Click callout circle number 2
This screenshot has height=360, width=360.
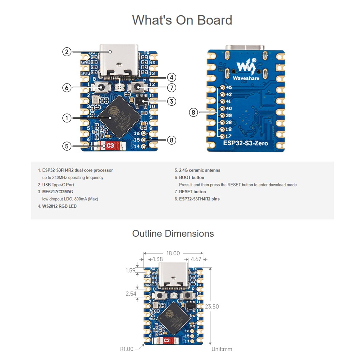point(67,52)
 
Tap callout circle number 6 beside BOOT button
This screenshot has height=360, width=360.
point(67,88)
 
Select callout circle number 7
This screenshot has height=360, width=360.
point(171,88)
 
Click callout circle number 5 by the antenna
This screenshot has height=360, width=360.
point(67,146)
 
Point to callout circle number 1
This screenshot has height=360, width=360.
point(67,118)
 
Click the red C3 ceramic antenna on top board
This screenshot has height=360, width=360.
point(110,146)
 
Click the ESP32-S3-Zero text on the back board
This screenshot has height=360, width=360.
point(245,143)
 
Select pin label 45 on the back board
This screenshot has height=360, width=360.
point(229,88)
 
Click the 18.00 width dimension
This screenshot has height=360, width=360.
point(173,253)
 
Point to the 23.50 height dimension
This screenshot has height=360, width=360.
point(212,306)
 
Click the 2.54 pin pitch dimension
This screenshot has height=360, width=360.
point(131,294)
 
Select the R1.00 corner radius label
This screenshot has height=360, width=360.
point(127,349)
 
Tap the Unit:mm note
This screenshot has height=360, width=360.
point(222,349)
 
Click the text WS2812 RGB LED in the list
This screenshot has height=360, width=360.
point(59,206)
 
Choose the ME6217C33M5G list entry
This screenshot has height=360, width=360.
point(58,192)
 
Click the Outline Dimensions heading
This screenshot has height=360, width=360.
point(173,234)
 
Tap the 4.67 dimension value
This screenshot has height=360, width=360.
point(196,259)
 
